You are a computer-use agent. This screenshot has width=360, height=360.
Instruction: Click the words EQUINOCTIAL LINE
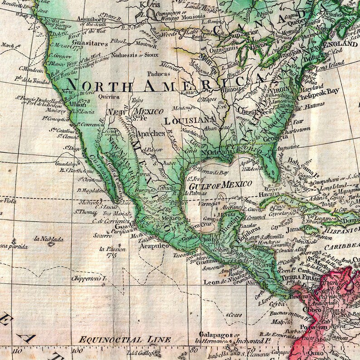coord(125,339)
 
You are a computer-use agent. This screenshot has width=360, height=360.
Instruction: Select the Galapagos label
coord(211,335)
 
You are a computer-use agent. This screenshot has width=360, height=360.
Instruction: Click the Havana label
coord(257,195)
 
